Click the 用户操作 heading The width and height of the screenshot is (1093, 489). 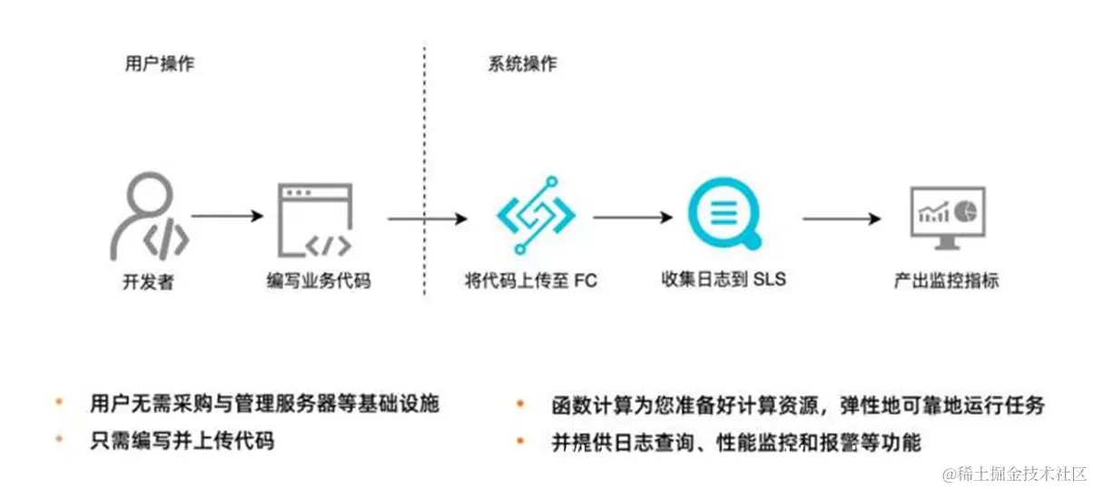[159, 64]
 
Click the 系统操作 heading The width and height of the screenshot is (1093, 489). [522, 64]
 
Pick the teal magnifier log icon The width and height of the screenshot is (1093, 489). [724, 217]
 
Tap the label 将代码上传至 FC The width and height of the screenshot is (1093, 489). [529, 281]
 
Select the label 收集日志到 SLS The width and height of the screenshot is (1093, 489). [724, 279]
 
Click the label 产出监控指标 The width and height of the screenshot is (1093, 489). [946, 281]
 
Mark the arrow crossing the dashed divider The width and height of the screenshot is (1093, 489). [427, 219]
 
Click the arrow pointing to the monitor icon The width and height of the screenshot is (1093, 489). [842, 218]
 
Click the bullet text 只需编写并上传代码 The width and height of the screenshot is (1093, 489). [182, 442]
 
